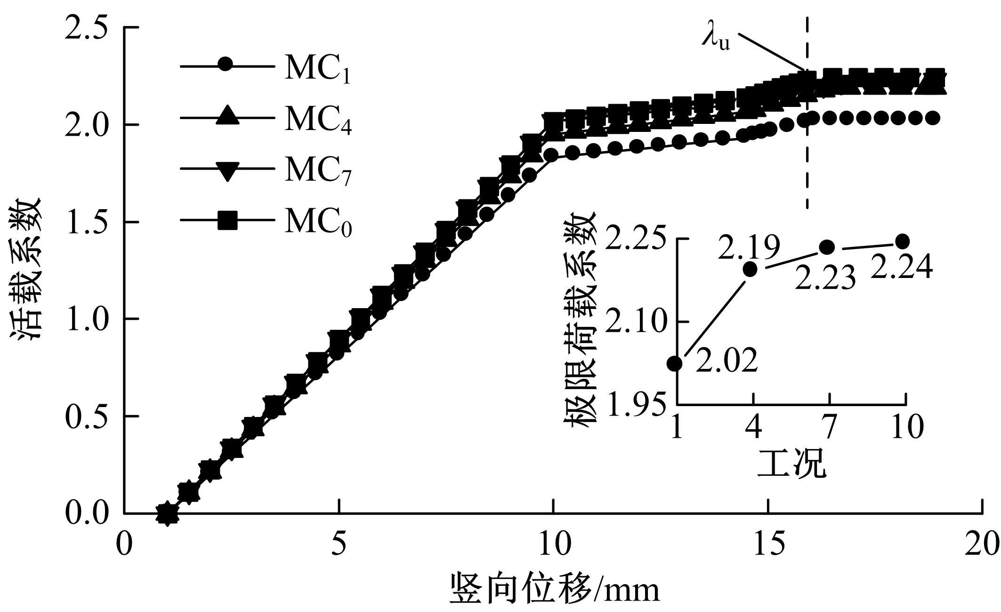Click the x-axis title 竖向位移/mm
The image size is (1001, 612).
pos(556,587)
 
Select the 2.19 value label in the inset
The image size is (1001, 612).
pos(749,247)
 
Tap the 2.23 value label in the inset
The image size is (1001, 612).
pos(825,278)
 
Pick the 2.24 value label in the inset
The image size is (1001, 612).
pos(901,267)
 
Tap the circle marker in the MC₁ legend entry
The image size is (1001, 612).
pos(226,65)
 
